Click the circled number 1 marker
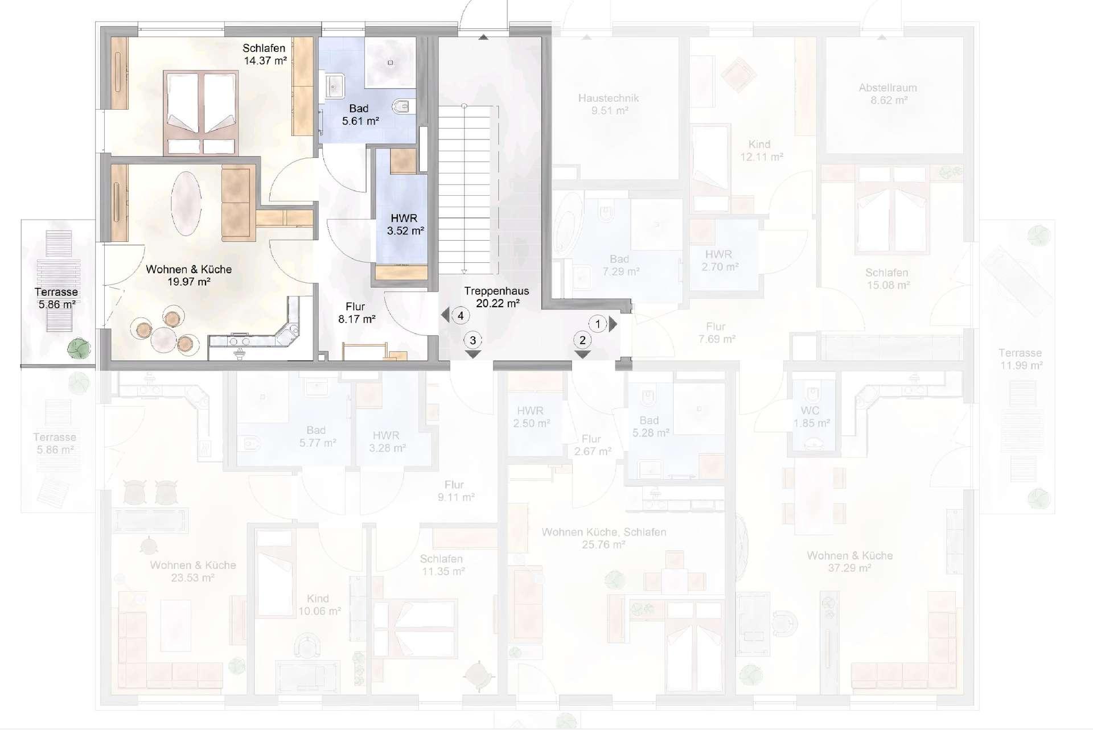[x=598, y=324]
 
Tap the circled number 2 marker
[x=582, y=340]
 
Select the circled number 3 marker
[x=472, y=340]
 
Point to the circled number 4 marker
[x=461, y=315]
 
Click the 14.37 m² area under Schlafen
[x=265, y=61]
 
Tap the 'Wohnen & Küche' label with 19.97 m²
[x=188, y=269]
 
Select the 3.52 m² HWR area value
[x=405, y=231]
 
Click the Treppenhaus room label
[x=496, y=291]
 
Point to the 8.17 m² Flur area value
[x=356, y=319]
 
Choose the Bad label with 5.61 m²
[x=359, y=108]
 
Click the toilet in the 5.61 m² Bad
[x=404, y=106]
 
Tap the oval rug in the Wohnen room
[x=186, y=203]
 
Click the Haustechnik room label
[x=609, y=98]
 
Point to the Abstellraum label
[x=887, y=88]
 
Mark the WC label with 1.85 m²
[x=810, y=411]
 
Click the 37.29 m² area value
[x=849, y=568]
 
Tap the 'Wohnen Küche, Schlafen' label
[x=603, y=532]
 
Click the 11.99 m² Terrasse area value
[x=1021, y=365]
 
